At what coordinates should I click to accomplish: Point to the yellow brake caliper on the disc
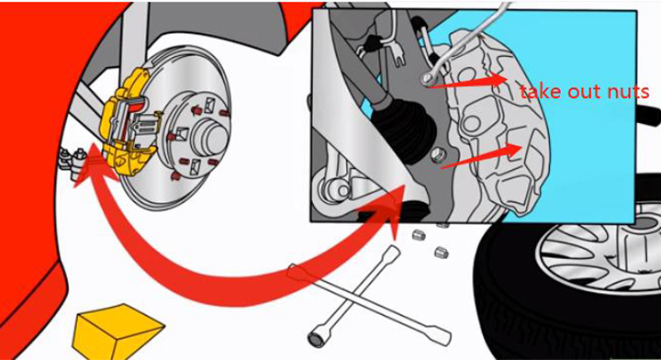click(x=127, y=122)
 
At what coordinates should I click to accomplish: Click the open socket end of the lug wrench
click(x=316, y=339)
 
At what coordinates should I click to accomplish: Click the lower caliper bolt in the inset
click(x=438, y=155)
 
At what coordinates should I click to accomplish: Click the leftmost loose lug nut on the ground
click(x=417, y=234)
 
